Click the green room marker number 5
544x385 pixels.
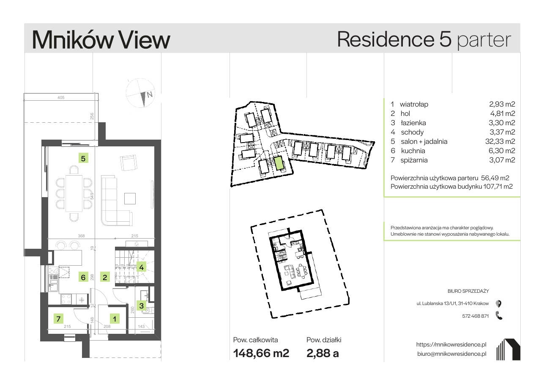83,158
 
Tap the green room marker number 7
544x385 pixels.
58,319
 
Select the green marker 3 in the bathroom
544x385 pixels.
141,305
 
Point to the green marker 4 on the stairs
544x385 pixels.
141,267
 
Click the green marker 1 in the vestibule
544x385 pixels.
115,319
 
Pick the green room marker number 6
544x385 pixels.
83,277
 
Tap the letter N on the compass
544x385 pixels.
150,94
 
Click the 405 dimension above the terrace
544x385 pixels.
61,97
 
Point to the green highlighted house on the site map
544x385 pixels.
279,163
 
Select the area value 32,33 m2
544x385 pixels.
500,141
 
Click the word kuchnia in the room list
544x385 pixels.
413,151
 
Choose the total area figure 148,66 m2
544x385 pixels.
261,353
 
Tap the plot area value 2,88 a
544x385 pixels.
323,353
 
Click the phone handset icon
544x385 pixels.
499,316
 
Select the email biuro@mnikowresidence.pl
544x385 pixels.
452,354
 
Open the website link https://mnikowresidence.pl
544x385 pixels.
451,345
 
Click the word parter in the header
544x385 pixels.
484,40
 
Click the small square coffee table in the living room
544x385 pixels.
130,198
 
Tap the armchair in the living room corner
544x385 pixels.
128,163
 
